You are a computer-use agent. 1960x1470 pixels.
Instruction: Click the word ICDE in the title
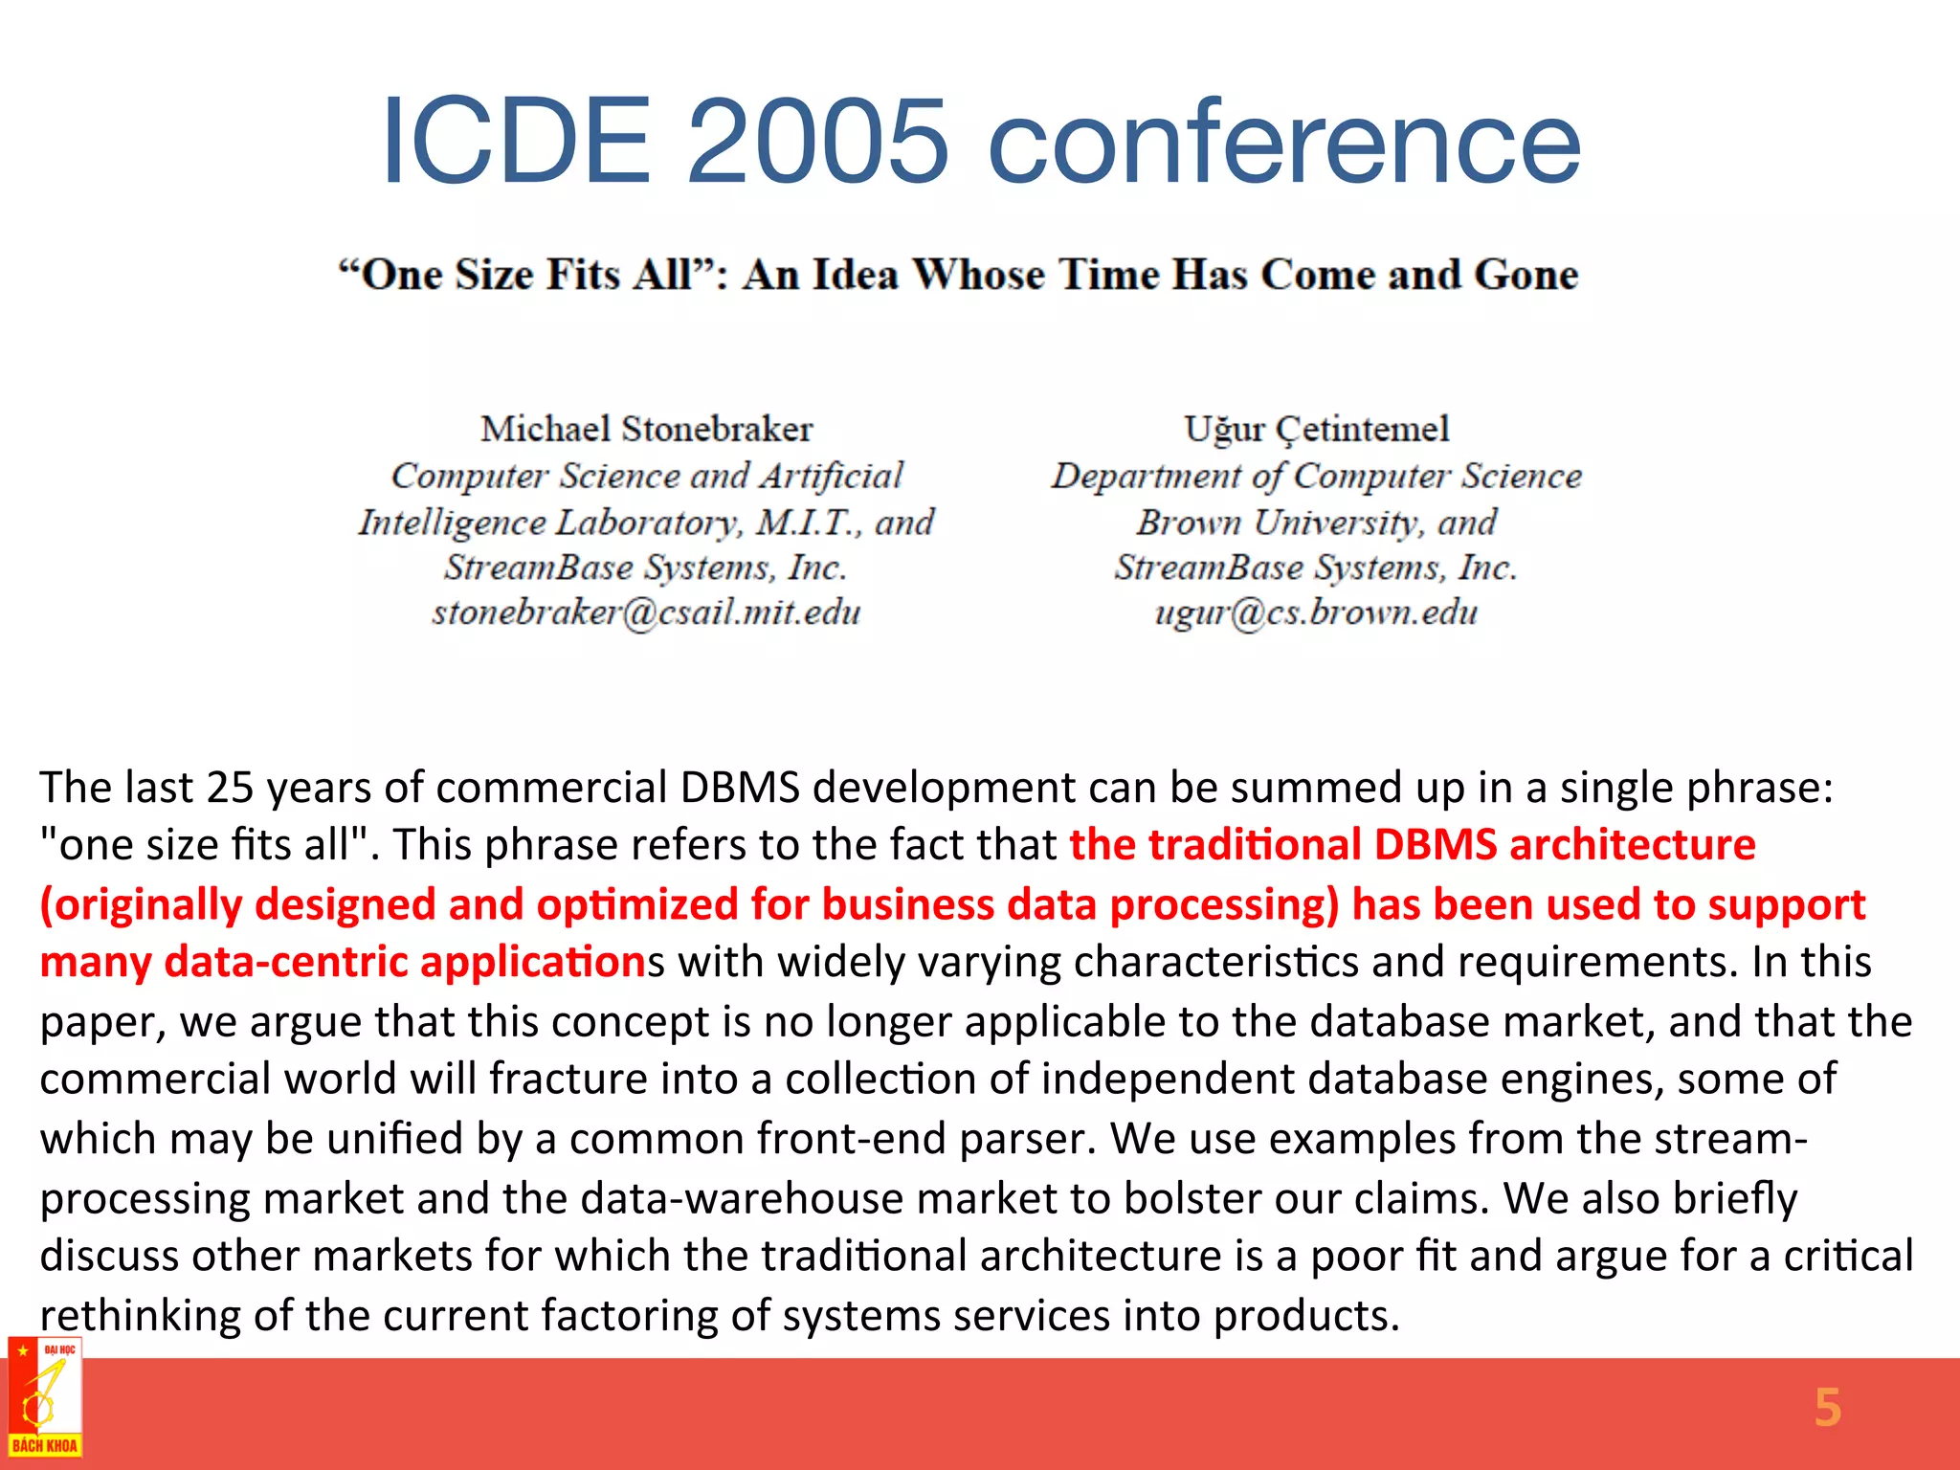(x=516, y=142)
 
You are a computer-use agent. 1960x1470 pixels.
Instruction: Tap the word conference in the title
(x=1283, y=144)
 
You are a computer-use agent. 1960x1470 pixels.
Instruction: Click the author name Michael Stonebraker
(x=647, y=429)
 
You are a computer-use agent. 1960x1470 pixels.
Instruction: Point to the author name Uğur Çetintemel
(x=1316, y=429)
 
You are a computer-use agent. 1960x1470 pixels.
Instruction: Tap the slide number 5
(x=1827, y=1408)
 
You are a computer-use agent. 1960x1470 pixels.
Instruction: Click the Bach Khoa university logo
(x=45, y=1398)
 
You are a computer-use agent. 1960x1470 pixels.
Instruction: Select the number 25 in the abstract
(x=230, y=788)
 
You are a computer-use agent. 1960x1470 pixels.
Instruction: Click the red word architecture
(x=1632, y=845)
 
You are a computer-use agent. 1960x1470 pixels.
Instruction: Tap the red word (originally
(x=141, y=905)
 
